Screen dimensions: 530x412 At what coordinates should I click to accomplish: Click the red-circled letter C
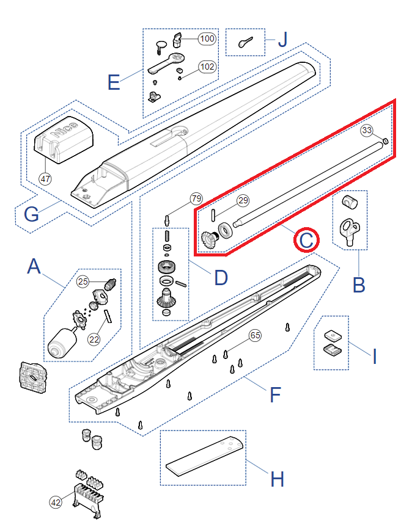point(306,239)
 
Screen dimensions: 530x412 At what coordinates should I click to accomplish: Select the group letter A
point(35,267)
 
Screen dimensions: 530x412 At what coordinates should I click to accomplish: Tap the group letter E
point(114,82)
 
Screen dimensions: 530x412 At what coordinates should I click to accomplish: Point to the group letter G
point(32,214)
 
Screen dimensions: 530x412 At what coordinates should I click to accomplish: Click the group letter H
point(277,479)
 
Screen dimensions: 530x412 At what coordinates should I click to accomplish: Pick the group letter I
point(375,355)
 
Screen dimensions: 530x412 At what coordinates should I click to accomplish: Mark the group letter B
point(359,285)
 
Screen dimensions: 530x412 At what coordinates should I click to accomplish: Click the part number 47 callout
point(45,179)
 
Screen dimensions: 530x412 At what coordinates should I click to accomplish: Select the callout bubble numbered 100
point(207,38)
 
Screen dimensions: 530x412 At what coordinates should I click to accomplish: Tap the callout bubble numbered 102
point(207,67)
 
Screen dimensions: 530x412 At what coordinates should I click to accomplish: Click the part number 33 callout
point(367,130)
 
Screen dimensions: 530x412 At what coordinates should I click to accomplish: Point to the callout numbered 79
point(196,199)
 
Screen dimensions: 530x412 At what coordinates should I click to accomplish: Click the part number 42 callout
point(56,503)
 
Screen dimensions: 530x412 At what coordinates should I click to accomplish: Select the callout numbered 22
point(93,339)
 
